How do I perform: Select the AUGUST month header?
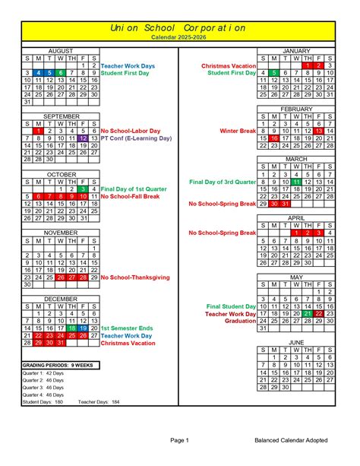tap(61, 50)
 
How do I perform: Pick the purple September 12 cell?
tap(83, 138)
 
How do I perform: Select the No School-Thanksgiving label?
tap(141, 277)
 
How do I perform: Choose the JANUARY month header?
tap(297, 50)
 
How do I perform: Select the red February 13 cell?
tap(320, 131)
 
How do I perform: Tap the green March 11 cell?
tap(296, 182)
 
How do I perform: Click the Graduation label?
tap(238, 321)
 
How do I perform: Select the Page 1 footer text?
tap(179, 440)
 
